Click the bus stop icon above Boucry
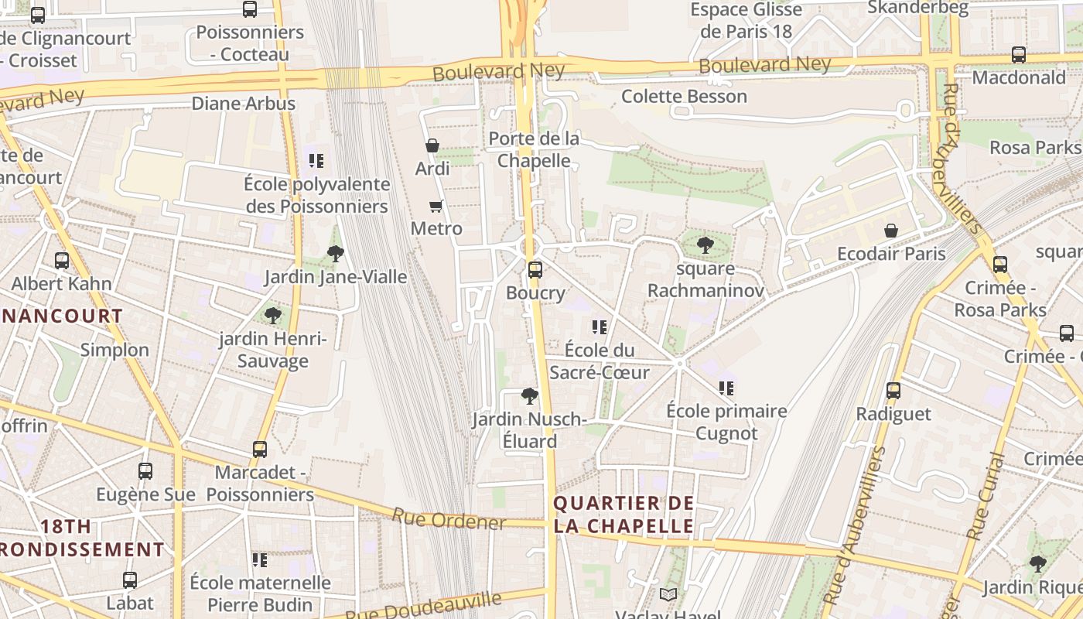click(x=535, y=270)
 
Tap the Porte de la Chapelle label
click(x=534, y=149)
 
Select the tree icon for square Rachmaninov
click(x=705, y=245)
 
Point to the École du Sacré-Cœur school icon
click(x=599, y=327)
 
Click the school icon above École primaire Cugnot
click(x=726, y=388)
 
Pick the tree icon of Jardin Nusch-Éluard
click(x=529, y=396)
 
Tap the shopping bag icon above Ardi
click(x=432, y=145)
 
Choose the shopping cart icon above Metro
click(x=436, y=206)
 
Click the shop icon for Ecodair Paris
click(x=891, y=231)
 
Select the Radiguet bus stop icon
click(x=893, y=391)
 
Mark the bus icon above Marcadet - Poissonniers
click(x=260, y=449)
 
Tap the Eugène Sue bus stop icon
click(x=145, y=470)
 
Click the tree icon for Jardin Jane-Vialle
click(x=335, y=253)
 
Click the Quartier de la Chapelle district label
click(x=623, y=515)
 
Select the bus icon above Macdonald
click(x=1019, y=55)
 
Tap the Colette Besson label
click(x=684, y=97)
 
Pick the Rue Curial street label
click(x=986, y=497)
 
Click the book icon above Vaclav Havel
click(x=668, y=594)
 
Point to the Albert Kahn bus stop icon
click(x=62, y=261)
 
